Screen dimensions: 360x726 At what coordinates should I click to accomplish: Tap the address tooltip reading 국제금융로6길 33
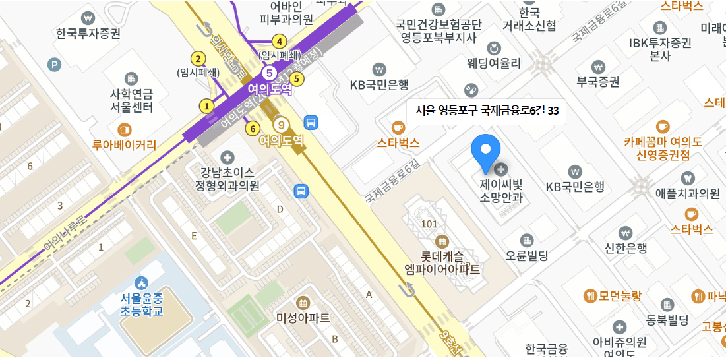coord(487,111)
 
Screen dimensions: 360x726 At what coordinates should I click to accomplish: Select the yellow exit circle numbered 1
coord(207,105)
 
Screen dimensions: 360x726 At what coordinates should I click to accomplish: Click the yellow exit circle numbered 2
coord(197,57)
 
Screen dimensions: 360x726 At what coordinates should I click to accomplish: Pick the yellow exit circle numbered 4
coord(280,41)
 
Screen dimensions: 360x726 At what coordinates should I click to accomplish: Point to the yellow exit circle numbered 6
coord(251,128)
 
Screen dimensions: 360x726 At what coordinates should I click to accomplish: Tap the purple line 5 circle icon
coord(269,73)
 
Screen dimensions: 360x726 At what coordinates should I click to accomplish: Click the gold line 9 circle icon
coord(282,124)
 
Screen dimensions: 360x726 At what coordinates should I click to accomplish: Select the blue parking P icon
coord(55,64)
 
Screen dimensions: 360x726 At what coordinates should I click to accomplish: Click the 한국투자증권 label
coord(88,33)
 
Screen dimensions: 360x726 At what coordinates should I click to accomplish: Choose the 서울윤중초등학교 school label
coord(141,305)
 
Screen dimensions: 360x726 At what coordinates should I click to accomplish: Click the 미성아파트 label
coord(303,318)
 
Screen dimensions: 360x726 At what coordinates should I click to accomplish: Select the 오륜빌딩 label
coord(526,255)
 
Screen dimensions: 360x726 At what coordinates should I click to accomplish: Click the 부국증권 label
coord(598,82)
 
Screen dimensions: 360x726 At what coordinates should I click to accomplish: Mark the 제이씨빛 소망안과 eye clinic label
coord(501,191)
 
